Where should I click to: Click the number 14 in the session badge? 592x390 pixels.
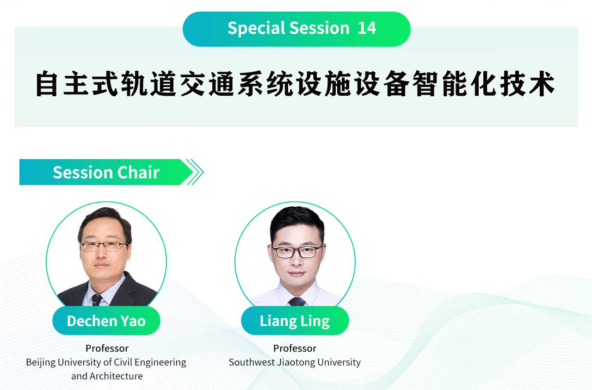367,28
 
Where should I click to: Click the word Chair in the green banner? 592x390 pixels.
138,173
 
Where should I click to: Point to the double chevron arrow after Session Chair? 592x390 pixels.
195,172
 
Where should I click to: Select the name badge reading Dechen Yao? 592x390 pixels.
106,321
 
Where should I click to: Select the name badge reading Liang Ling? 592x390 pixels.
295,321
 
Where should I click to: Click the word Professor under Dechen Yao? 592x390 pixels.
107,348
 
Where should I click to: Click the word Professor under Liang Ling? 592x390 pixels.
295,348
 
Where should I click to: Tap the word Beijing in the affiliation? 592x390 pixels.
41,363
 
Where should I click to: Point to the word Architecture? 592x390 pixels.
116,376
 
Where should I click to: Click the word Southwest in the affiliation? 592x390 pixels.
252,362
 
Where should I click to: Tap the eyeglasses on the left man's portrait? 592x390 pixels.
105,247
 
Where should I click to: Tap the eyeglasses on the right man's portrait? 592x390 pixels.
296,251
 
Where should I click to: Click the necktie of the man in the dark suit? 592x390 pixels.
97,300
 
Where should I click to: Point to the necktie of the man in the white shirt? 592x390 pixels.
297,302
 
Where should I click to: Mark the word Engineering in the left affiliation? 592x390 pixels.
160,363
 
